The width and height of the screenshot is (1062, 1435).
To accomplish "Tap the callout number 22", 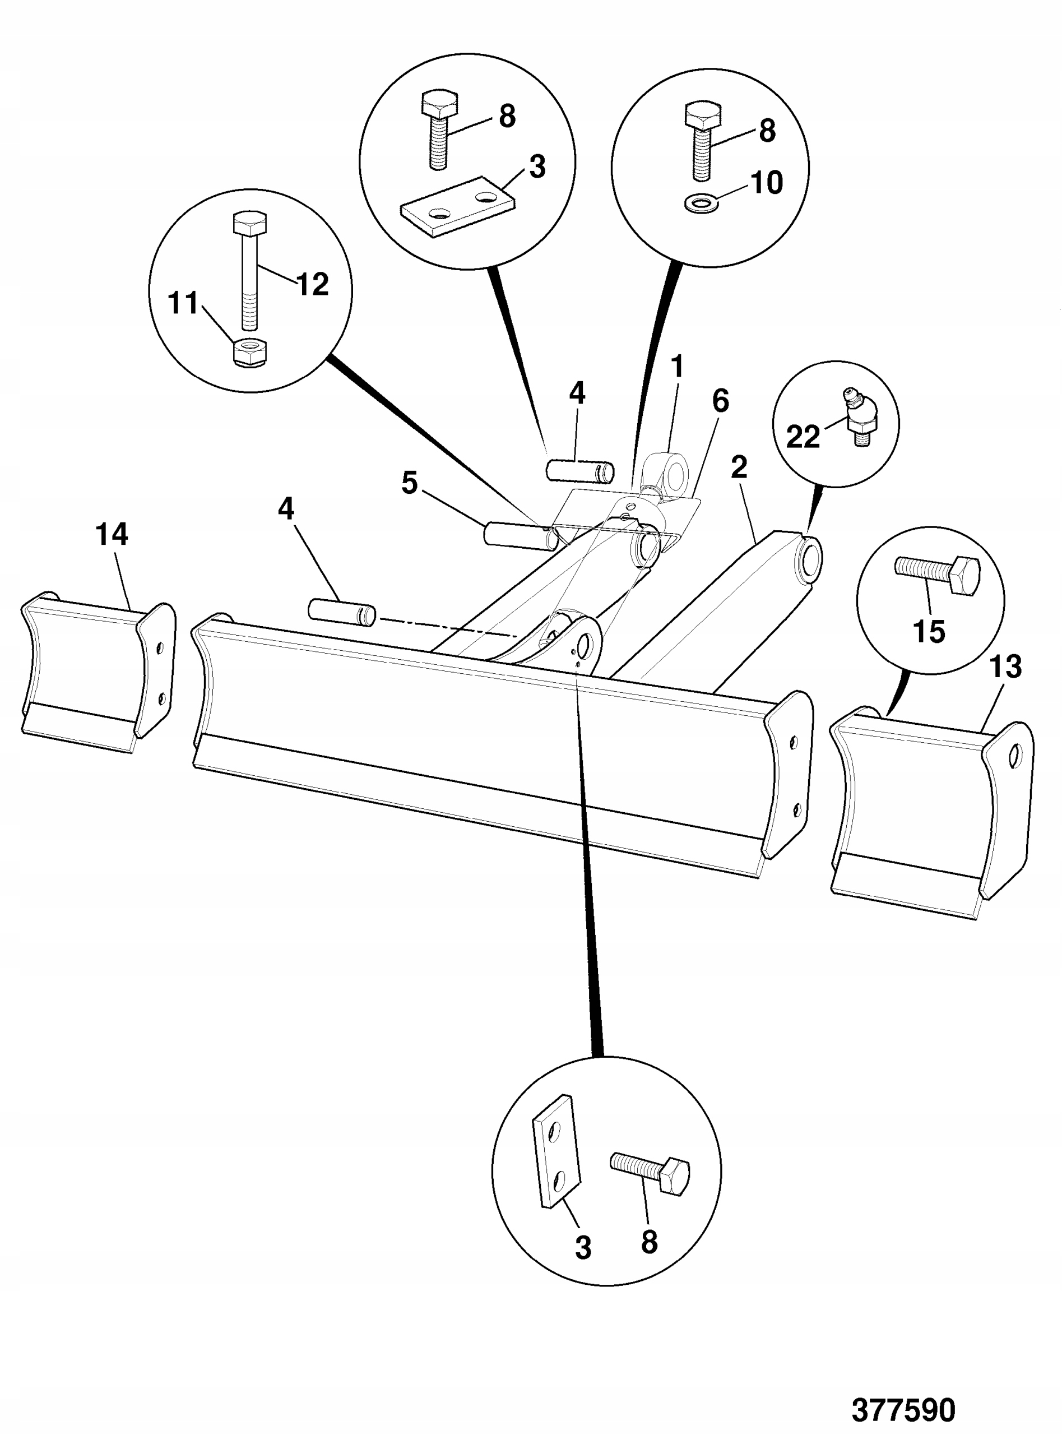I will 803,438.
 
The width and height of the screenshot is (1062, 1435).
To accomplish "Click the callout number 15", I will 929,631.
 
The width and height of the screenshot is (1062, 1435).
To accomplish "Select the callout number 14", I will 112,534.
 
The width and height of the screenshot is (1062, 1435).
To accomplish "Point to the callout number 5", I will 410,483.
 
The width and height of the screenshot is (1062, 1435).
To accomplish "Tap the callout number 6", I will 721,401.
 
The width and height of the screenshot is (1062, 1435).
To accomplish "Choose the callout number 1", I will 677,367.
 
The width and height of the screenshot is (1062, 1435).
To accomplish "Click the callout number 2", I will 739,467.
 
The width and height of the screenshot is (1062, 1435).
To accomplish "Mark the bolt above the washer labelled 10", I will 703,139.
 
